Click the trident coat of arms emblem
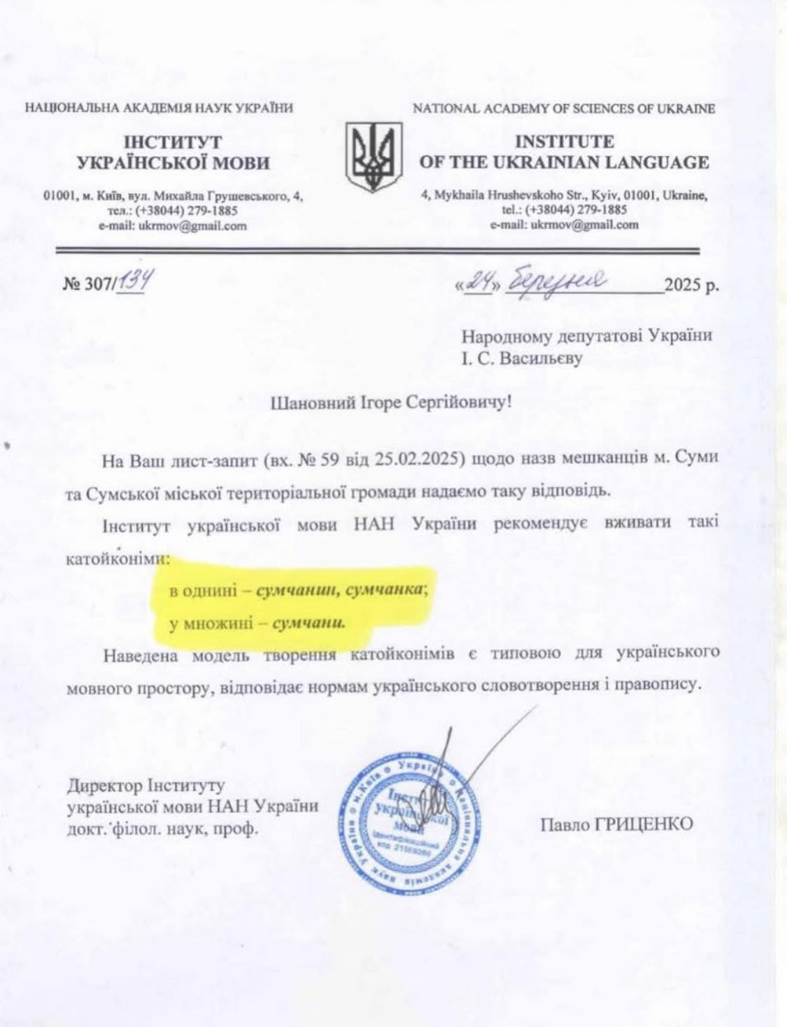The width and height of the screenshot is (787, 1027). click(x=375, y=158)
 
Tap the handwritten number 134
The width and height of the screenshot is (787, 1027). click(x=132, y=282)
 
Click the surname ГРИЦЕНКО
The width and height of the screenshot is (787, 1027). click(x=644, y=824)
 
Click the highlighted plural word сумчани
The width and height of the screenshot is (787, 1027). click(x=309, y=622)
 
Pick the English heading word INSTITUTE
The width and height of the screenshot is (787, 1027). click(x=564, y=142)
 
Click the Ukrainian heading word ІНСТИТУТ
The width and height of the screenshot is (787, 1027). click(x=173, y=143)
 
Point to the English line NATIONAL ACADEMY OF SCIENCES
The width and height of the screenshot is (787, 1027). click(x=564, y=109)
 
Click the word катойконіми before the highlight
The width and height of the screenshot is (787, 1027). click(x=118, y=559)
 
